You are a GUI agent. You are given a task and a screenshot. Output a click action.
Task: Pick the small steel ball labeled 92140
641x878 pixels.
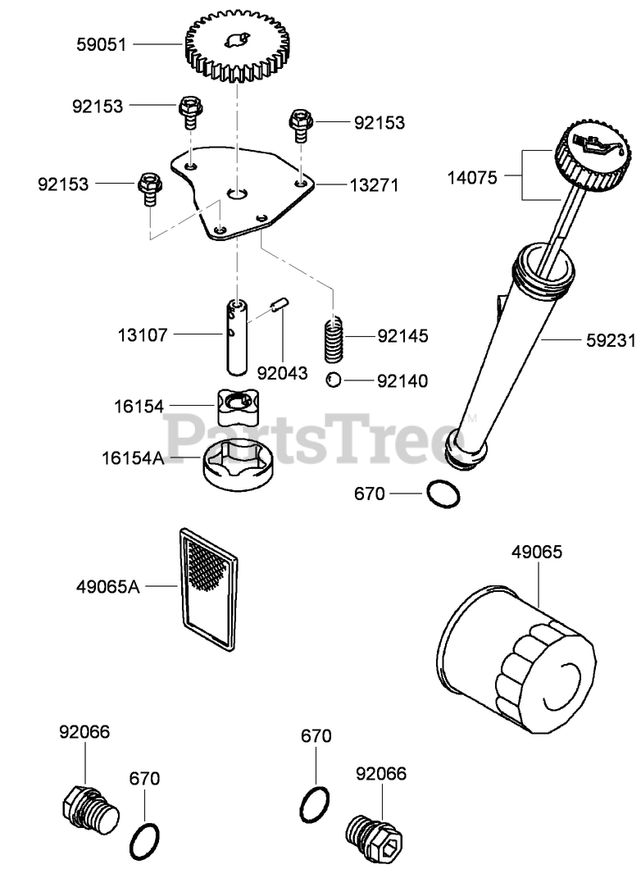coord(334,380)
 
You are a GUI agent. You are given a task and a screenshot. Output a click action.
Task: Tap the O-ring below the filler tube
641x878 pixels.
coord(443,494)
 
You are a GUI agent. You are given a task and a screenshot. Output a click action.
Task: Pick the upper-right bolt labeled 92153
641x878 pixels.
coord(298,124)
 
